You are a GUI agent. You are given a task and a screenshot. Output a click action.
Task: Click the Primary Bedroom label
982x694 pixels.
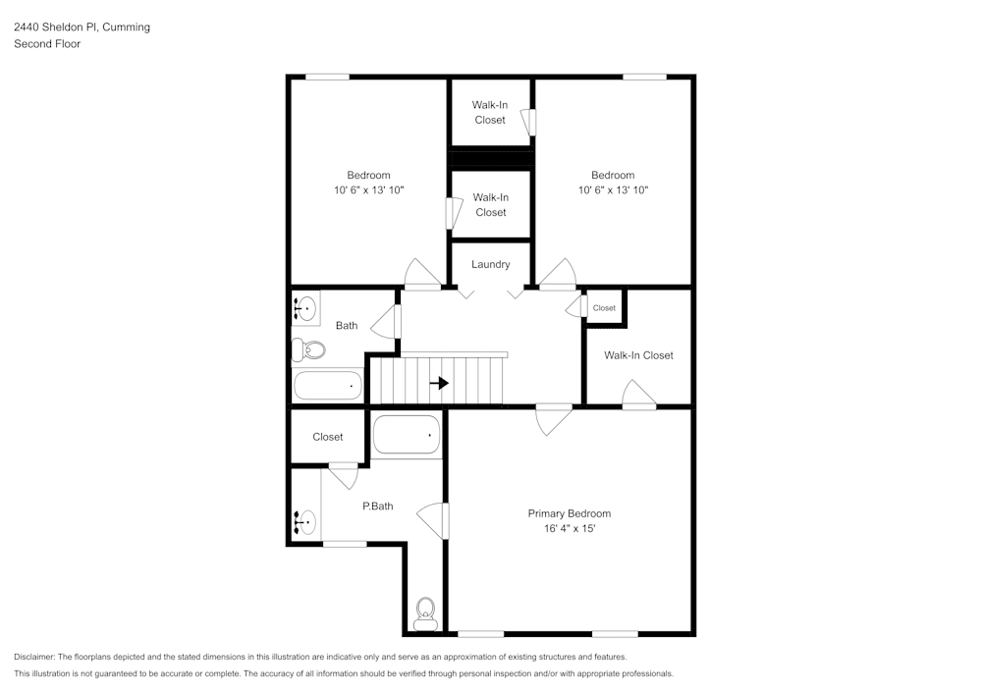pyautogui.click(x=569, y=513)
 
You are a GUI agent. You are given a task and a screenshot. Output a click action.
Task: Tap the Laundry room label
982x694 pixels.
pyautogui.click(x=490, y=264)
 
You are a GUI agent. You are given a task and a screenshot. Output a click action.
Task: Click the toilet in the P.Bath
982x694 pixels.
pyautogui.click(x=425, y=614)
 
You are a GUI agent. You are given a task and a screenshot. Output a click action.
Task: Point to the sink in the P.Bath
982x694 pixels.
pyautogui.click(x=304, y=521)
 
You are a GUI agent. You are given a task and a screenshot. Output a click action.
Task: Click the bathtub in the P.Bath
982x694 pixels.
pyautogui.click(x=407, y=435)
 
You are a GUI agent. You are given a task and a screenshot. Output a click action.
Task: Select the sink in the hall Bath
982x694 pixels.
pyautogui.click(x=304, y=309)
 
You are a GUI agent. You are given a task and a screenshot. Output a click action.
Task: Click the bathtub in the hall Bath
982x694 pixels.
pyautogui.click(x=329, y=386)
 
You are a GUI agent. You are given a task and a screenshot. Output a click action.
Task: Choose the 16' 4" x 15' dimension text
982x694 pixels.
pyautogui.click(x=569, y=528)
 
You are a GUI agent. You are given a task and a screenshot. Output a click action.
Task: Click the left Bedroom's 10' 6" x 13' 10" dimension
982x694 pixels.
pyautogui.click(x=368, y=190)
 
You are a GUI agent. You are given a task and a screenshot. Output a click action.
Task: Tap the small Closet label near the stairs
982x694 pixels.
pyautogui.click(x=604, y=308)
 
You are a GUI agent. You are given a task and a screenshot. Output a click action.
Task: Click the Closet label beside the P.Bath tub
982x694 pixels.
pyautogui.click(x=328, y=437)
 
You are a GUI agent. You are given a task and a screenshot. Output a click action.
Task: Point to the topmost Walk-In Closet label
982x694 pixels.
pyautogui.click(x=490, y=112)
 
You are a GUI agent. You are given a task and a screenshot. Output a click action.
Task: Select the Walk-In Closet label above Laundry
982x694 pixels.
pyautogui.click(x=491, y=204)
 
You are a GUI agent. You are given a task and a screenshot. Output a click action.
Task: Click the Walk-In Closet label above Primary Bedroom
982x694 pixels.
pyautogui.click(x=638, y=355)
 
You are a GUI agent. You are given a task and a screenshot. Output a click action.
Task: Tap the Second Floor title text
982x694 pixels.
pyautogui.click(x=46, y=44)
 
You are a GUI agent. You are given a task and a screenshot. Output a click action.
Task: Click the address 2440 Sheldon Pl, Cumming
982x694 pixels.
pyautogui.click(x=82, y=27)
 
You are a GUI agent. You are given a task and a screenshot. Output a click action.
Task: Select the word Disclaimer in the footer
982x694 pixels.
pyautogui.click(x=34, y=657)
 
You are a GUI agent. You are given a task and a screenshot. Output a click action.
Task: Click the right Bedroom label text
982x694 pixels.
pyautogui.click(x=613, y=176)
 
